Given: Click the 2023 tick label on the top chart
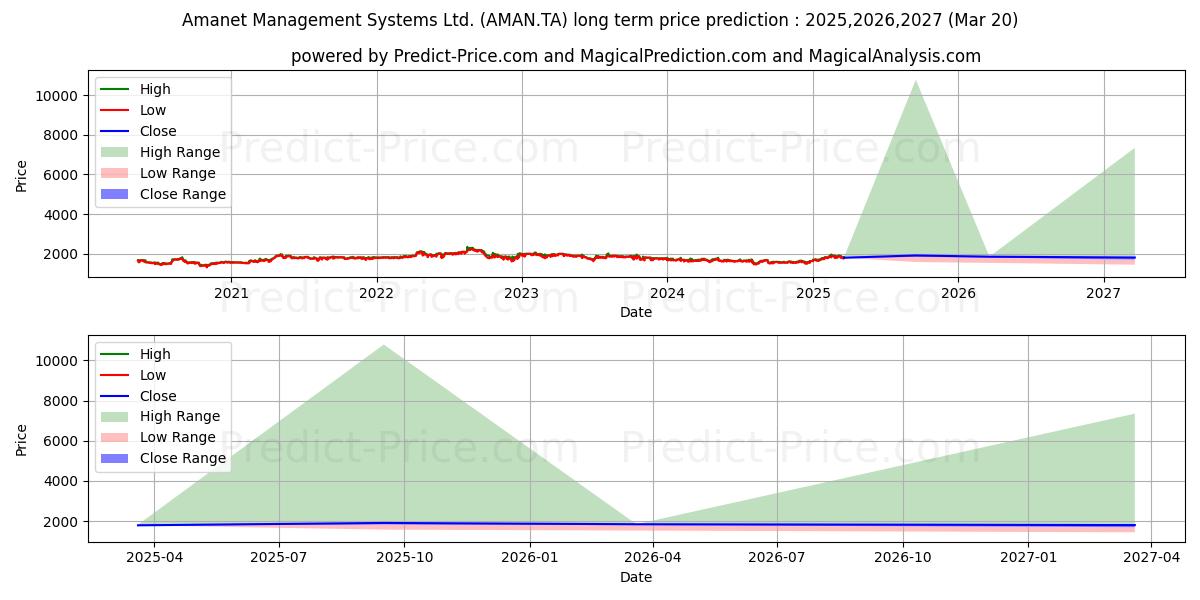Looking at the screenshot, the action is click(522, 294).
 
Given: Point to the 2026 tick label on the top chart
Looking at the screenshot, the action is click(958, 294).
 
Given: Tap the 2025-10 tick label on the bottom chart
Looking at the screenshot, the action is click(404, 558).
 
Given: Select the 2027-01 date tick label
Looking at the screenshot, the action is click(1029, 558).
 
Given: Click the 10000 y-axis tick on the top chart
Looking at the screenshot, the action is click(56, 96).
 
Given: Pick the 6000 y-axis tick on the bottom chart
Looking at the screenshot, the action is click(61, 441).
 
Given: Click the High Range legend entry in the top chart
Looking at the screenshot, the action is click(160, 152).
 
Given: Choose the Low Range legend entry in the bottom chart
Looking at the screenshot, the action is click(158, 437).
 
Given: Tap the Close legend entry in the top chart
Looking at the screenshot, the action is click(138, 131).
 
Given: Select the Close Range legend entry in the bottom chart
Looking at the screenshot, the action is click(163, 458).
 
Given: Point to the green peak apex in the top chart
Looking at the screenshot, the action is click(916, 81).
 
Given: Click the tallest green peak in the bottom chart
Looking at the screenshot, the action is click(385, 345).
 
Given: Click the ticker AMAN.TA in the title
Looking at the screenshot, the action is click(523, 20).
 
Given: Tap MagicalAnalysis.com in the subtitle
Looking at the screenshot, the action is click(895, 56).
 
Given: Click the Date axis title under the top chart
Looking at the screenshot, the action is click(636, 312).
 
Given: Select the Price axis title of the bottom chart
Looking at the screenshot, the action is click(21, 440).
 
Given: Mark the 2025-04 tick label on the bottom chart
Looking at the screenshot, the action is click(154, 558).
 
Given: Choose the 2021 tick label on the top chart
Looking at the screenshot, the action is click(231, 294).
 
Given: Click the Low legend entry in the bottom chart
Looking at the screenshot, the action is click(133, 375).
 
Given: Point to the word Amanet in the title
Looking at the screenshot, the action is click(215, 20).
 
